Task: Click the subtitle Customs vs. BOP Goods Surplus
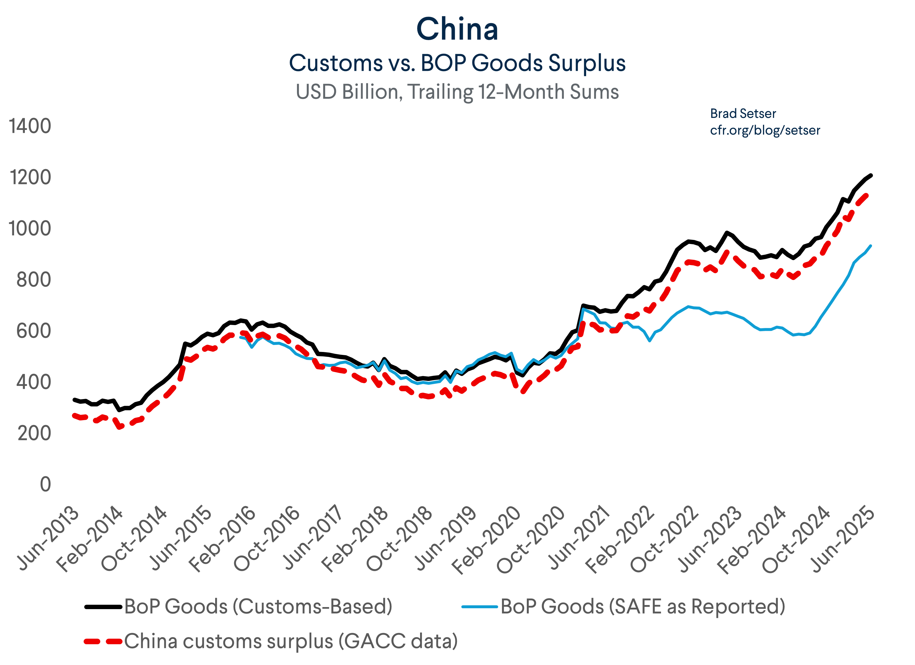(x=457, y=63)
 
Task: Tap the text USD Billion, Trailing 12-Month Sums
(x=457, y=92)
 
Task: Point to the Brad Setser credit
(x=743, y=114)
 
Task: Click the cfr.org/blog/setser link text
(x=765, y=130)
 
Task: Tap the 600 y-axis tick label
(x=34, y=331)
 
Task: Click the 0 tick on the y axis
(x=46, y=484)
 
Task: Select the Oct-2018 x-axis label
(x=399, y=539)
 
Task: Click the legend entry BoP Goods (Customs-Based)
(x=258, y=606)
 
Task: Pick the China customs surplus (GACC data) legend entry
(x=291, y=641)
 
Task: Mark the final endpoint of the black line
(x=872, y=175)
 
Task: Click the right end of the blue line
(x=871, y=245)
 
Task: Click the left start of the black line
(x=74, y=399)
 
